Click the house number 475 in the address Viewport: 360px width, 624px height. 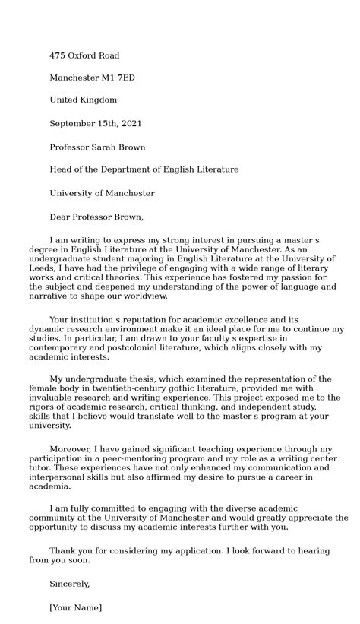[x=58, y=55]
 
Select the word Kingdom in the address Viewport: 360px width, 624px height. [x=99, y=100]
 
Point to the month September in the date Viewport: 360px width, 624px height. [x=74, y=123]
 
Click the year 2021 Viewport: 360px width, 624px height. [x=130, y=123]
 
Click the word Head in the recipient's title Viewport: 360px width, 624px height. [x=62, y=169]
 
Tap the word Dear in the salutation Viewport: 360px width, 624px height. [x=62, y=217]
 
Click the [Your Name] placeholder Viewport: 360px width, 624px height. [x=75, y=607]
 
